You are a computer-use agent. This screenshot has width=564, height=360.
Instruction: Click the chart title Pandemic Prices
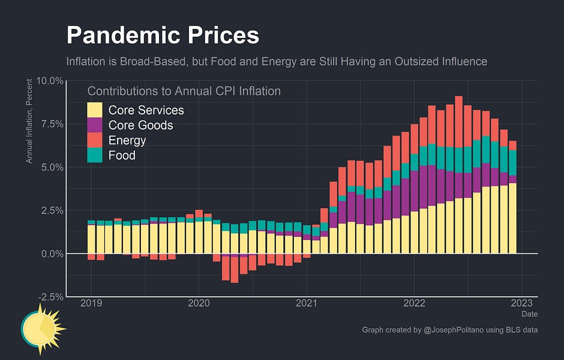[x=163, y=35]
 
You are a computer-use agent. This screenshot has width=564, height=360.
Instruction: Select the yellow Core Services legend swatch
[x=95, y=110]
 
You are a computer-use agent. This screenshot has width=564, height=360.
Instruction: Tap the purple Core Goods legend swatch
[x=95, y=125]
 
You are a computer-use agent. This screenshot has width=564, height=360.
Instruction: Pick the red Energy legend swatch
[x=95, y=140]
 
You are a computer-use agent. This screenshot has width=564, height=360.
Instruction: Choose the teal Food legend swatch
[x=95, y=155]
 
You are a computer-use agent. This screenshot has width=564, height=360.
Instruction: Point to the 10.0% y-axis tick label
[x=50, y=80]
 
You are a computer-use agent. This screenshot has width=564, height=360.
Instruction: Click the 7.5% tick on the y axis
[x=52, y=124]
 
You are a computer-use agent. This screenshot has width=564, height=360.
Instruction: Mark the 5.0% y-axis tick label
[x=52, y=167]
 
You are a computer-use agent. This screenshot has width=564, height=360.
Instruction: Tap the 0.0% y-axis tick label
[x=52, y=254]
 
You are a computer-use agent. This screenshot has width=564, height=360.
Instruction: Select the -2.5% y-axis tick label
[x=51, y=297]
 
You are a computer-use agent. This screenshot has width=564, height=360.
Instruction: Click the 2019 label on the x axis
[x=91, y=304]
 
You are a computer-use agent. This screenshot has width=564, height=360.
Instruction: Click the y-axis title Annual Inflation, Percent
[x=29, y=124]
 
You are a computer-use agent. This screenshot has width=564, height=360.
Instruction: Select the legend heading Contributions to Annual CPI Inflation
[x=184, y=91]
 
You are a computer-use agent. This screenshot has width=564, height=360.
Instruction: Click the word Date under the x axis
[x=529, y=314]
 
